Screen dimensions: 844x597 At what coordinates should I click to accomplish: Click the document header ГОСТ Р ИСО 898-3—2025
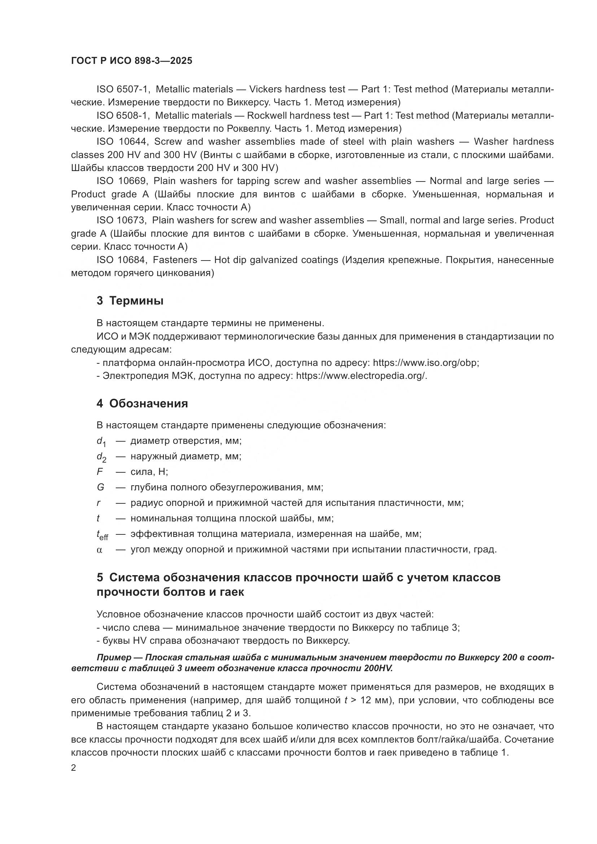(132, 61)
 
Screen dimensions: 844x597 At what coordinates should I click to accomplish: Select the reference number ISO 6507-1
(122, 89)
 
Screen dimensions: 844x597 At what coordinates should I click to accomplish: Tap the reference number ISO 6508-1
(122, 115)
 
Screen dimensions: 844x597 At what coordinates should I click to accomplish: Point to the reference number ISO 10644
(122, 141)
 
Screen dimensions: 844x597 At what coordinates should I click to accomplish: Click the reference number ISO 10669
(122, 181)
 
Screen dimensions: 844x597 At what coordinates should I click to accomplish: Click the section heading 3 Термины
(130, 301)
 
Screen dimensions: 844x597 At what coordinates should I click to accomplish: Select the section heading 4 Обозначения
(142, 404)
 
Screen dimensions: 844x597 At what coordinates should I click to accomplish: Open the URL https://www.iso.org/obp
(426, 363)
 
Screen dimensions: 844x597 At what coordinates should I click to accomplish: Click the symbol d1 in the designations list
(101, 441)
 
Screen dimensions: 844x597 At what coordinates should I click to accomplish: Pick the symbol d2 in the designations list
(101, 457)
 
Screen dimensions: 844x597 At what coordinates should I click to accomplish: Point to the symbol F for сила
(100, 472)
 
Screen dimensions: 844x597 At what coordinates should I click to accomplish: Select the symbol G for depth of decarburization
(100, 487)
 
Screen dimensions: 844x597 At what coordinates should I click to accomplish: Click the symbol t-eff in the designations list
(102, 535)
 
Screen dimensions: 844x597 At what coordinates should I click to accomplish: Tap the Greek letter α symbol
(99, 550)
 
